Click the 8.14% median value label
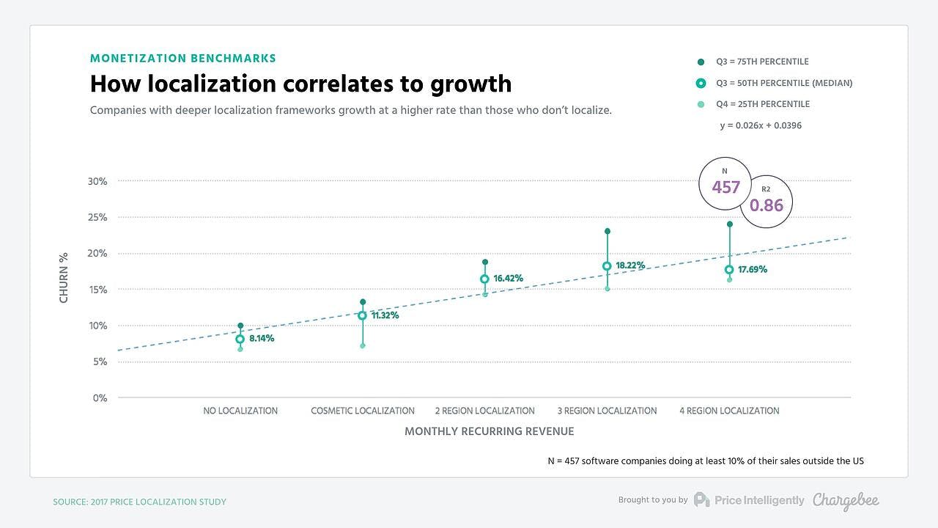coord(261,339)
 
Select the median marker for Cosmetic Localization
coord(362,315)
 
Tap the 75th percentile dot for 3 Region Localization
coord(607,231)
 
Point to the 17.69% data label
coord(753,270)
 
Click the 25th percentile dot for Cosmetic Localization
coord(362,345)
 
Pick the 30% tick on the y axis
coord(97,181)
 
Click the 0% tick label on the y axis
coord(100,398)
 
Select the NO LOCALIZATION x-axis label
coord(240,411)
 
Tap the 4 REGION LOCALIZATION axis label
coord(729,411)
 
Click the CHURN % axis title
coord(64,277)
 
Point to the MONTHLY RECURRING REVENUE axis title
coord(489,431)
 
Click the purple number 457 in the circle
coord(725,187)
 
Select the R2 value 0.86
coord(767,205)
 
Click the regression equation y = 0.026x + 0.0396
coord(760,125)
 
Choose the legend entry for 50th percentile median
coord(783,83)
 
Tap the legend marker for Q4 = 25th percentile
coord(701,104)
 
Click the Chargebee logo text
coord(846,500)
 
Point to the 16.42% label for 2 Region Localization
coord(508,279)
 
